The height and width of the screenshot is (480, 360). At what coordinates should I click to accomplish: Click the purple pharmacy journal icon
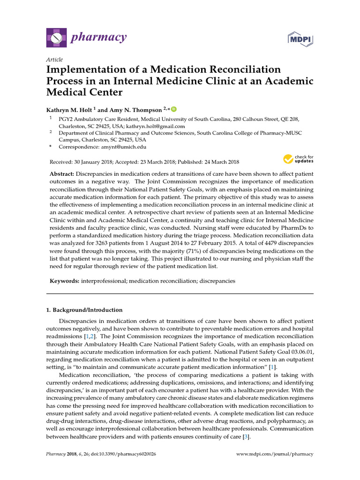click(56, 37)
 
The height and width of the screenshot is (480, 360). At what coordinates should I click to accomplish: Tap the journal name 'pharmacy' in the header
click(98, 37)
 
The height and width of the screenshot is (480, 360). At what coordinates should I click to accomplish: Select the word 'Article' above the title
click(54, 60)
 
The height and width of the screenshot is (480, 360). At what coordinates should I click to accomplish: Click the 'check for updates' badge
click(298, 159)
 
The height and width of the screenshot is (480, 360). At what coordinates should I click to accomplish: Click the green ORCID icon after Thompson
click(174, 109)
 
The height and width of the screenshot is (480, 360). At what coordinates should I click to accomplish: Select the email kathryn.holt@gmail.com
click(155, 126)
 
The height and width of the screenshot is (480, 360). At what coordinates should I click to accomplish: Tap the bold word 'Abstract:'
click(62, 174)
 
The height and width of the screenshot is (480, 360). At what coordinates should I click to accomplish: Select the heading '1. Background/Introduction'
click(84, 310)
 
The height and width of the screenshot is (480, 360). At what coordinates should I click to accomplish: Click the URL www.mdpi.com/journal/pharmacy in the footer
click(275, 454)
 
